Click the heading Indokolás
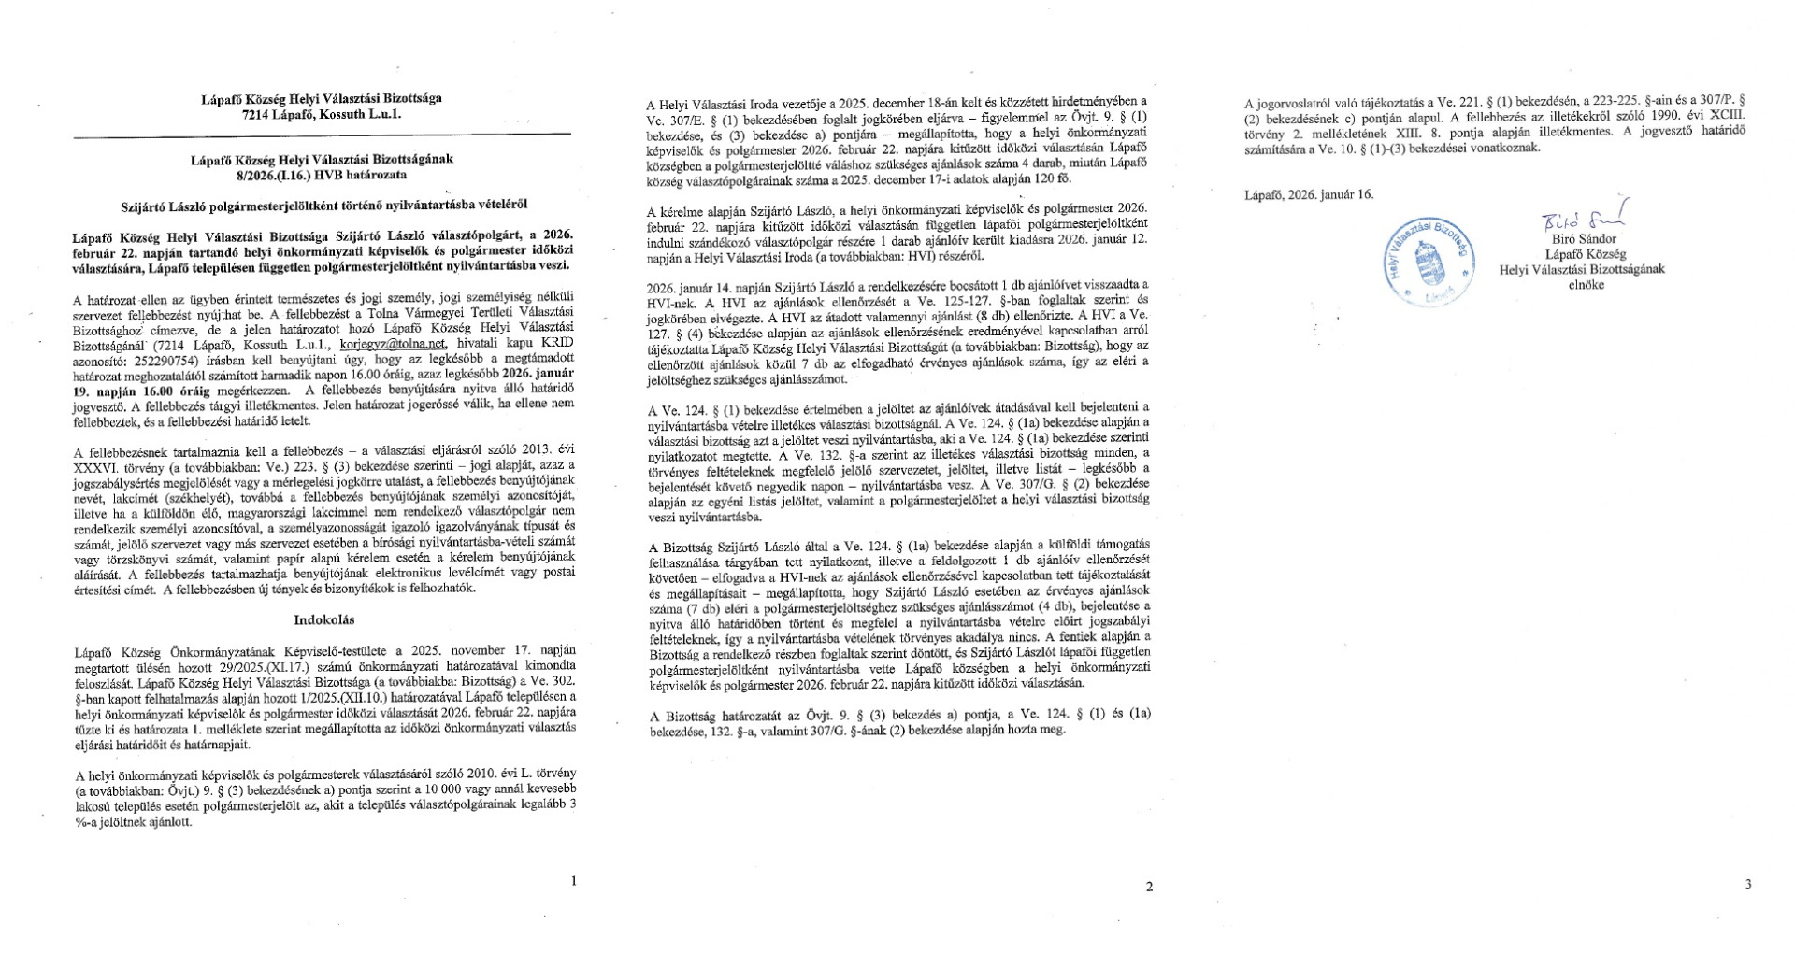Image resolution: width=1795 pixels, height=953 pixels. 323,619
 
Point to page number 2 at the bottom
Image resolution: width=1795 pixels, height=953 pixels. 1149,887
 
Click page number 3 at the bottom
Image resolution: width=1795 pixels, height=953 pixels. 1747,884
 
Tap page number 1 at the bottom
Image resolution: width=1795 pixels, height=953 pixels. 573,880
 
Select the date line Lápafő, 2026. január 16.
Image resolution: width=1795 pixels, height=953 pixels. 1309,194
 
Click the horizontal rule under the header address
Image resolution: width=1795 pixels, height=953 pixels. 322,135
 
